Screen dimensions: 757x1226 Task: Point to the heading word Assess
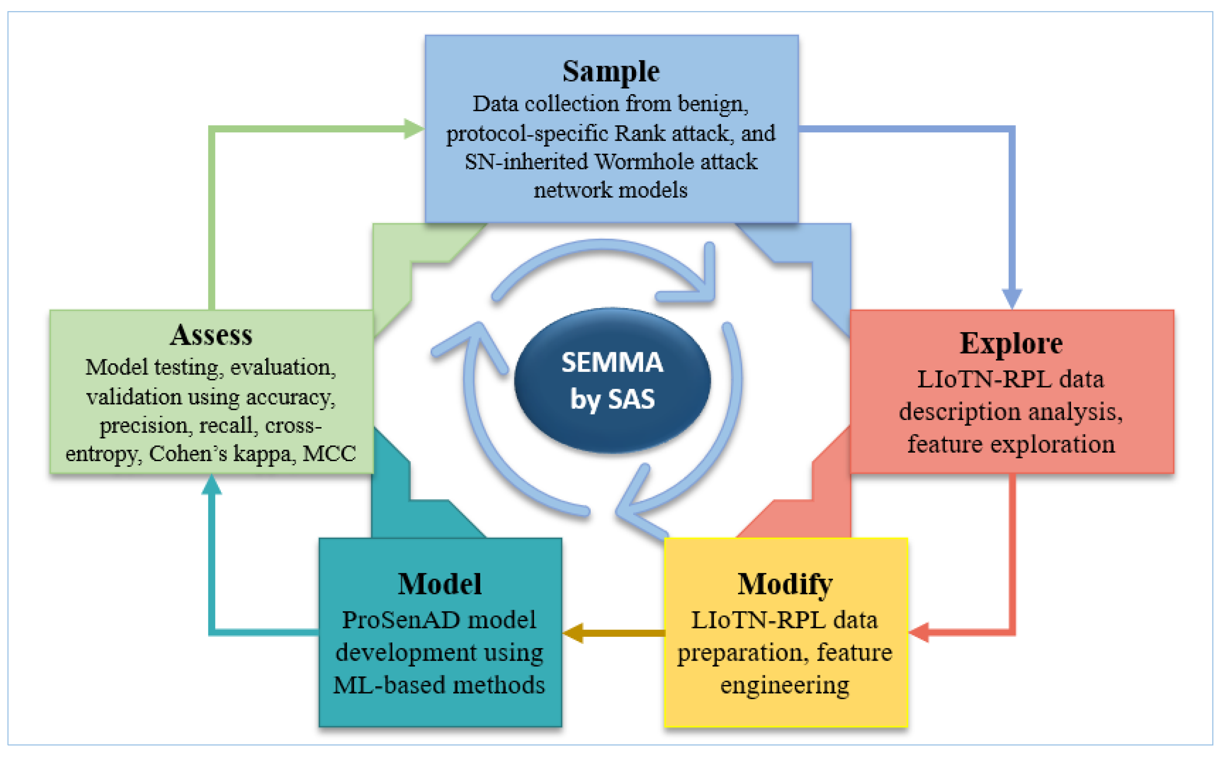click(x=211, y=335)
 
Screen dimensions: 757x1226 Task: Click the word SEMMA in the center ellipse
click(x=612, y=363)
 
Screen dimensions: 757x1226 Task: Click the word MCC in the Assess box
click(x=329, y=454)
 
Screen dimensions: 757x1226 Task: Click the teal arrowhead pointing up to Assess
click(x=211, y=485)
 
